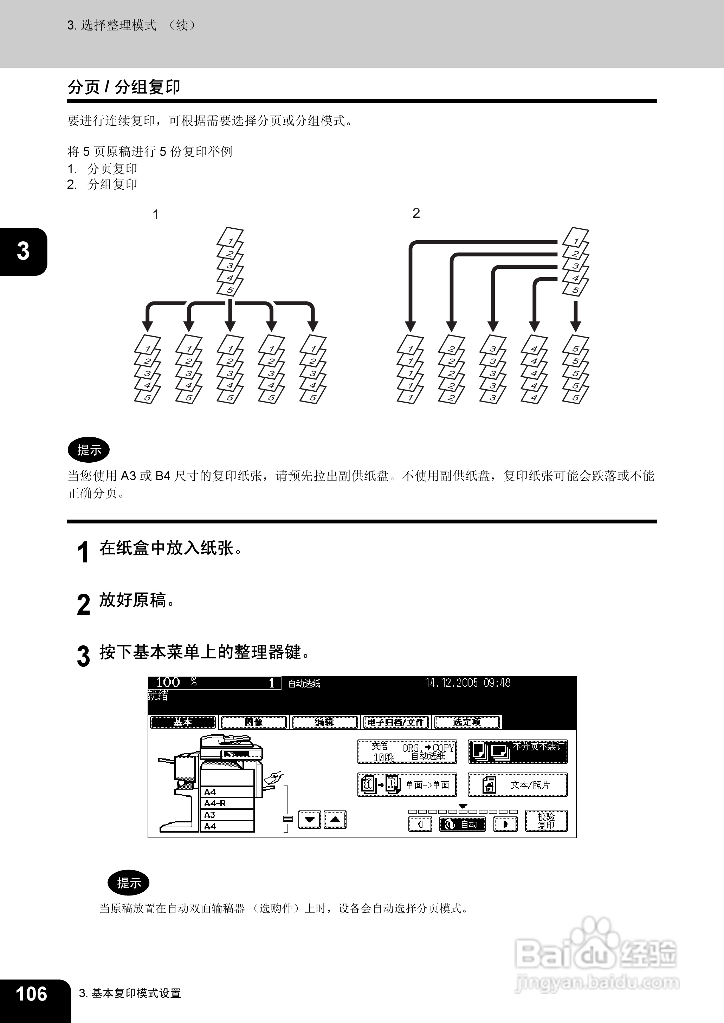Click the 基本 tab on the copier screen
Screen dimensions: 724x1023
pyautogui.click(x=183, y=722)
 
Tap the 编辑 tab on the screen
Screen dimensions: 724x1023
pyautogui.click(x=324, y=722)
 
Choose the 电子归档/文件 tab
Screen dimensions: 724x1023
pyautogui.click(x=395, y=722)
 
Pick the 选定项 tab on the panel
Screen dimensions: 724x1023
pyautogui.click(x=467, y=722)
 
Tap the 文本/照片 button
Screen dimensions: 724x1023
pyautogui.click(x=517, y=784)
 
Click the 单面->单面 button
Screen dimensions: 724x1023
pyautogui.click(x=407, y=784)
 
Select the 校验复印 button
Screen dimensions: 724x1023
pyautogui.click(x=546, y=820)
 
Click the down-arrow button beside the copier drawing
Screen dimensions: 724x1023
pyautogui.click(x=309, y=819)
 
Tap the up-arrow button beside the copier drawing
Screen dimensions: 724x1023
pyautogui.click(x=335, y=819)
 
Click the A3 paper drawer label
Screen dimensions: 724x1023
pyautogui.click(x=210, y=814)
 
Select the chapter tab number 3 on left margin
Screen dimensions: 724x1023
pyautogui.click(x=23, y=251)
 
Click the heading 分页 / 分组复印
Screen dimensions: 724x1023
pyautogui.click(x=124, y=87)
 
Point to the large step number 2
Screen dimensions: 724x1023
pyautogui.click(x=83, y=604)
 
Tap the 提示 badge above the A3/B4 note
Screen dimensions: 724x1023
pyautogui.click(x=89, y=450)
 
